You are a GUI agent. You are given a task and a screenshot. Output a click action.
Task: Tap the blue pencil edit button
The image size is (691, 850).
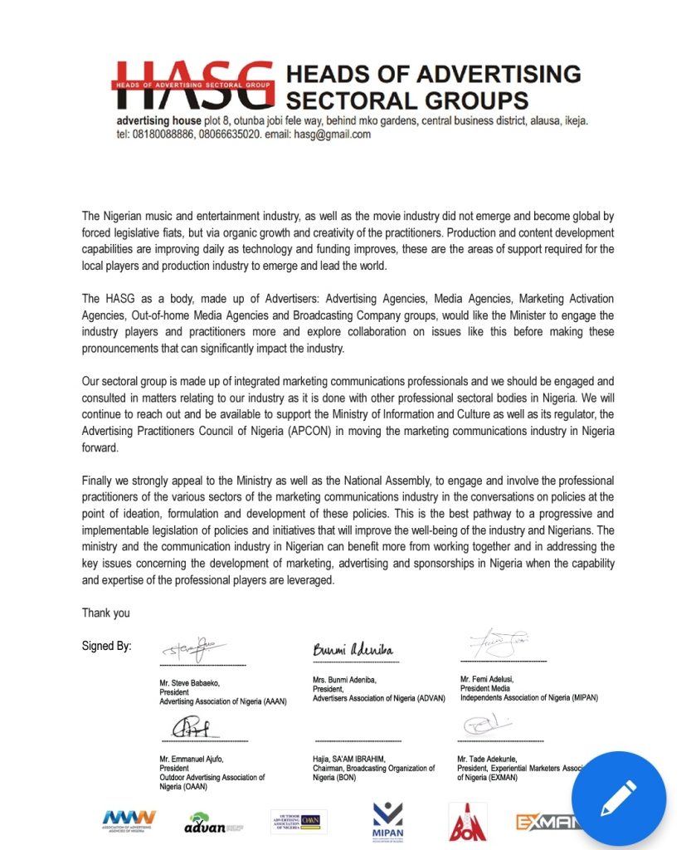[618, 798]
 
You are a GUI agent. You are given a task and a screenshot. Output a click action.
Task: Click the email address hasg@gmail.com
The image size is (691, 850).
[329, 134]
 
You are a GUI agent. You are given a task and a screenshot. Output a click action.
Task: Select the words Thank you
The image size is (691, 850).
[105, 613]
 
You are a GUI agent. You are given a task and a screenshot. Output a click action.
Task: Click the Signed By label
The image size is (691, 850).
[106, 646]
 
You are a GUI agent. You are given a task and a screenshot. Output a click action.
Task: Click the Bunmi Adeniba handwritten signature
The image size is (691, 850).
[353, 649]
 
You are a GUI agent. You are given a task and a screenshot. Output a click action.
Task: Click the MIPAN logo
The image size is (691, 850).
[387, 822]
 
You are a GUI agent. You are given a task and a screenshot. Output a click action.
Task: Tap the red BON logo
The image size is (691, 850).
[467, 823]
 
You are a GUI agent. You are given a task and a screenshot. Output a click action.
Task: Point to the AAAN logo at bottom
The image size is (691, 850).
[129, 821]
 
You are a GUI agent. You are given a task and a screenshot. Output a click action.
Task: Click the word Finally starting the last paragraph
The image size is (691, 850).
[100, 481]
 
